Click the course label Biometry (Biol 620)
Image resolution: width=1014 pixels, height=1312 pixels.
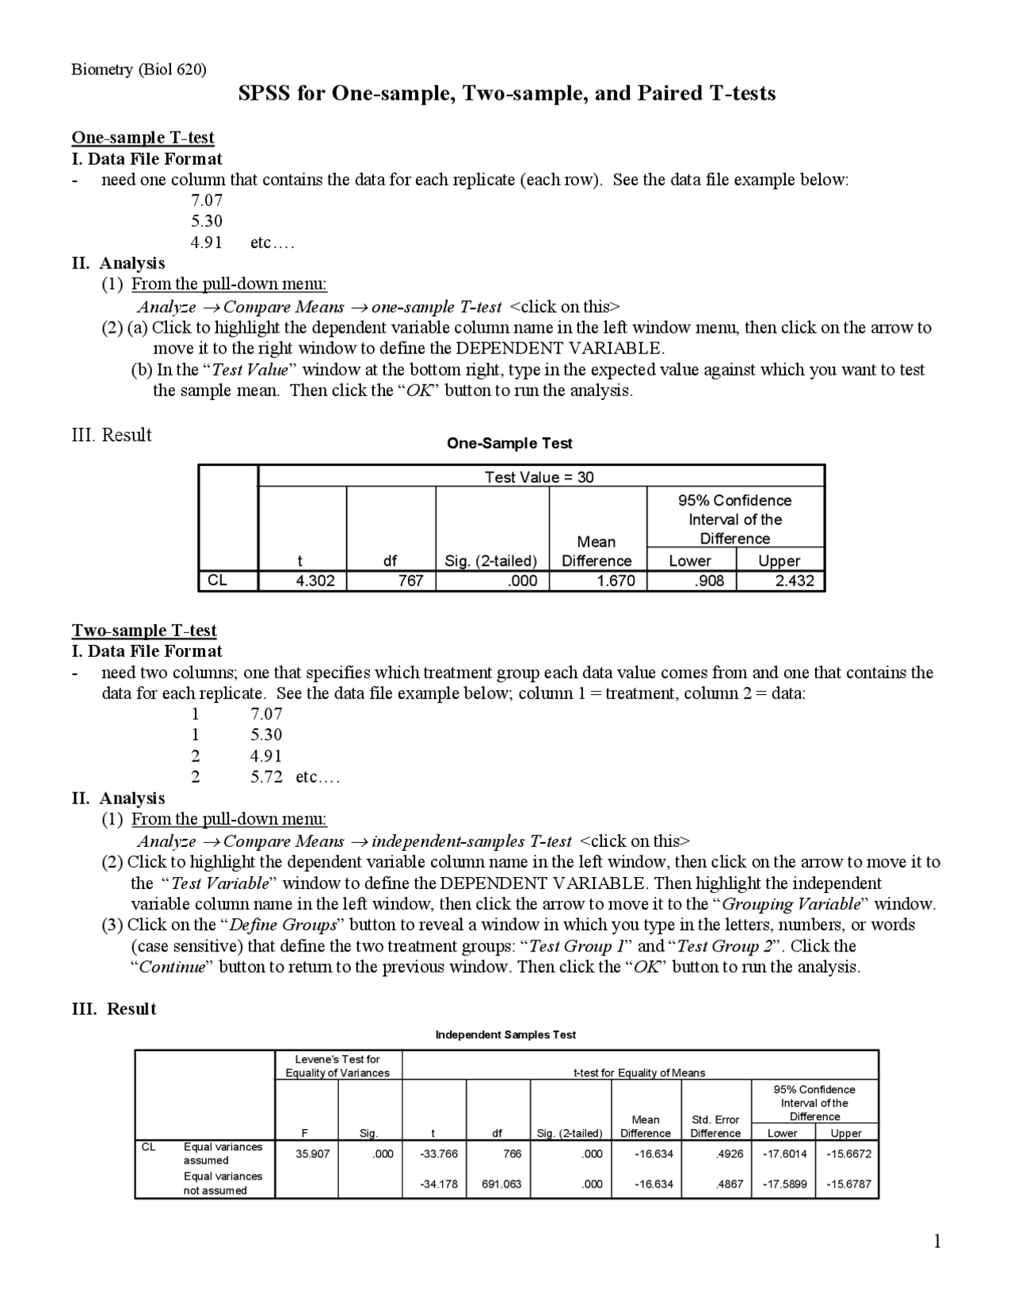pyautogui.click(x=139, y=70)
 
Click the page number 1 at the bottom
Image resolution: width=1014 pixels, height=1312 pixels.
pyautogui.click(x=937, y=1241)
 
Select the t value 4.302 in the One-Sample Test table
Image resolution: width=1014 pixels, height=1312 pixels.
pyautogui.click(x=314, y=581)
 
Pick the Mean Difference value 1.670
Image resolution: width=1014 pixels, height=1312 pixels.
pyautogui.click(x=616, y=581)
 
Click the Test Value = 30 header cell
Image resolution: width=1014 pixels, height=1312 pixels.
pyautogui.click(x=539, y=477)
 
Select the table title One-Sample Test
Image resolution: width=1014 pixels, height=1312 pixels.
pyautogui.click(x=509, y=444)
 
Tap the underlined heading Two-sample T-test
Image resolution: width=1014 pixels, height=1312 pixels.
pyautogui.click(x=144, y=631)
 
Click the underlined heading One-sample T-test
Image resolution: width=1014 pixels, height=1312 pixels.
pyautogui.click(x=143, y=138)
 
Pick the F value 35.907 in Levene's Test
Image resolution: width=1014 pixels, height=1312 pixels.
pyautogui.click(x=312, y=1154)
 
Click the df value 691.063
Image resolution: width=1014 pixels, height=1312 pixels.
pyautogui.click(x=501, y=1184)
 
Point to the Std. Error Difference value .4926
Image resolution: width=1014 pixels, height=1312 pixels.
pyautogui.click(x=729, y=1154)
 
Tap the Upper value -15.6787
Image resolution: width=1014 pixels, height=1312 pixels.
pyautogui.click(x=848, y=1184)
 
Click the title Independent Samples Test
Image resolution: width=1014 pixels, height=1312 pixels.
pyautogui.click(x=505, y=1035)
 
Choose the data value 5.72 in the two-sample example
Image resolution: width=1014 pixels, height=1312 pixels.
pyautogui.click(x=267, y=777)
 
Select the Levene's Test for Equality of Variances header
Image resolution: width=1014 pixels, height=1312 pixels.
pyautogui.click(x=337, y=1066)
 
